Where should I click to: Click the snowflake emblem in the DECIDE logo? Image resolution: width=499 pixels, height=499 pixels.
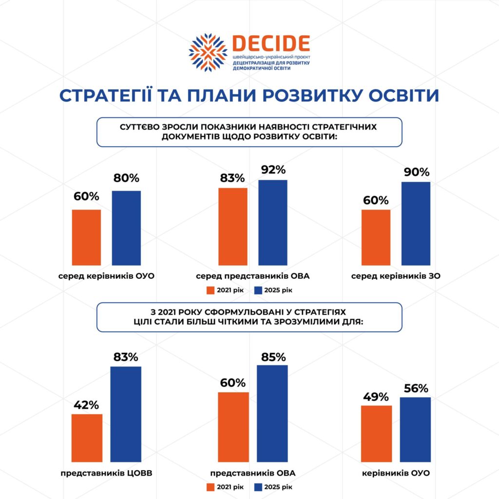(x=208, y=53)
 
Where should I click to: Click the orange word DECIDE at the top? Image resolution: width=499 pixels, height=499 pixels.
(x=271, y=44)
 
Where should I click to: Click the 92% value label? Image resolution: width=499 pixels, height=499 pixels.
(x=273, y=170)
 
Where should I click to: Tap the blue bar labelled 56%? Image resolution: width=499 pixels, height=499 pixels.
(x=416, y=429)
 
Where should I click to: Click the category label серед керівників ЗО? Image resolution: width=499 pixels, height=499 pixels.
(x=396, y=276)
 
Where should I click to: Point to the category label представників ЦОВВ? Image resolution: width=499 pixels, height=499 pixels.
(x=103, y=473)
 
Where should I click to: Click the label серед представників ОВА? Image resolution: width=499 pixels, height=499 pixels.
(x=252, y=276)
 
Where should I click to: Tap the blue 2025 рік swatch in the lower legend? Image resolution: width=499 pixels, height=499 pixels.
(x=258, y=487)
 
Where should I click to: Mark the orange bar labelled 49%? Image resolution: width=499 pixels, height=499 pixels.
(x=376, y=433)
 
